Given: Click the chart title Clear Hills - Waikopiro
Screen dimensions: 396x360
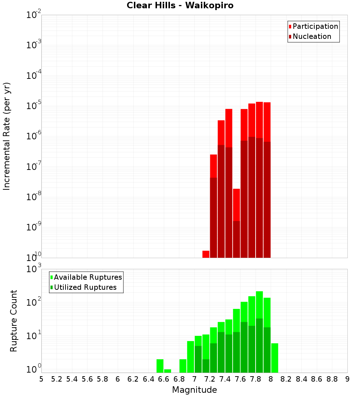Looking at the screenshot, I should click(180, 6).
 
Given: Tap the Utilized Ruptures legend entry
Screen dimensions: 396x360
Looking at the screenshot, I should click(85, 287).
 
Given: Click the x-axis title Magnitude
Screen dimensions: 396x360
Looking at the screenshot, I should click(194, 390).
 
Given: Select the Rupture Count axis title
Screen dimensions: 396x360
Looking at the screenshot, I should click(14, 320).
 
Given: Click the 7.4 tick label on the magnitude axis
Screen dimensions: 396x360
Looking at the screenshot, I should click(225, 379).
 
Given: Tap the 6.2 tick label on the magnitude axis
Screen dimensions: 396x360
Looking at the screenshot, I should click(133, 379).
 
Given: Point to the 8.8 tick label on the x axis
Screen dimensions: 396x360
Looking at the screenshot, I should click(332, 379).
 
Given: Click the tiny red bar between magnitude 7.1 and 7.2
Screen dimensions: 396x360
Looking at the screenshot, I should click(206, 254).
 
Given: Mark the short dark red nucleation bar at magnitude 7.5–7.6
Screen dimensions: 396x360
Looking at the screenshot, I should click(237, 239).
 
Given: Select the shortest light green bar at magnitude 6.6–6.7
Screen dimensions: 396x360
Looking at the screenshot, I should click(167, 371).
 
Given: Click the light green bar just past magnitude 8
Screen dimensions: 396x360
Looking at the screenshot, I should click(275, 358).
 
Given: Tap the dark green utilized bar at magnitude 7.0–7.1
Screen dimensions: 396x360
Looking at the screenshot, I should click(198, 359).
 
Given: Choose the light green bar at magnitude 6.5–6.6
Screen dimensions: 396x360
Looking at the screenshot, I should click(160, 366).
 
